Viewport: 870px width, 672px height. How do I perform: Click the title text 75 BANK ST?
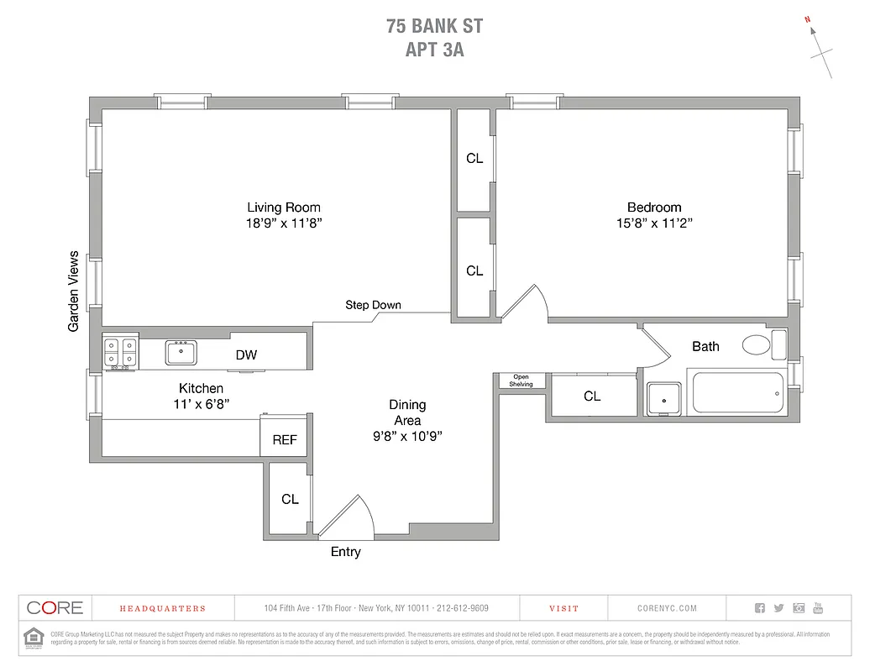(434, 26)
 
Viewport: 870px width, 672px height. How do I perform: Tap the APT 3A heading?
(434, 50)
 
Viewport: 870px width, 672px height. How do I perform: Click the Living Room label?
(284, 207)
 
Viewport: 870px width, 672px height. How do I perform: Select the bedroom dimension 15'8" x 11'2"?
(654, 223)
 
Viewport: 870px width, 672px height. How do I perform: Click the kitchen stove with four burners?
(120, 352)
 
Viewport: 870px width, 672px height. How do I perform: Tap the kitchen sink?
(181, 353)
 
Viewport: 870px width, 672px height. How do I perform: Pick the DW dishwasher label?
(246, 355)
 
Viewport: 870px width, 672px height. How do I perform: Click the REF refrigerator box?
(285, 439)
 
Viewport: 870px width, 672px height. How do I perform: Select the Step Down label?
(373, 305)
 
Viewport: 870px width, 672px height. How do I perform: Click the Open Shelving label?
(521, 381)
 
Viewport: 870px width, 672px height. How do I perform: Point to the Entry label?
(345, 552)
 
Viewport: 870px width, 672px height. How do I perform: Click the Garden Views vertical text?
(74, 291)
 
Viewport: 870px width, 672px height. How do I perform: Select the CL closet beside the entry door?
(290, 499)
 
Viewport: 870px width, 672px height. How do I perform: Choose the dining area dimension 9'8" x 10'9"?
(407, 436)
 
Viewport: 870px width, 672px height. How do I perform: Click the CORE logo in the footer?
(55, 608)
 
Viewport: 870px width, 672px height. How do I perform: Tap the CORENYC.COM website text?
(667, 608)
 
